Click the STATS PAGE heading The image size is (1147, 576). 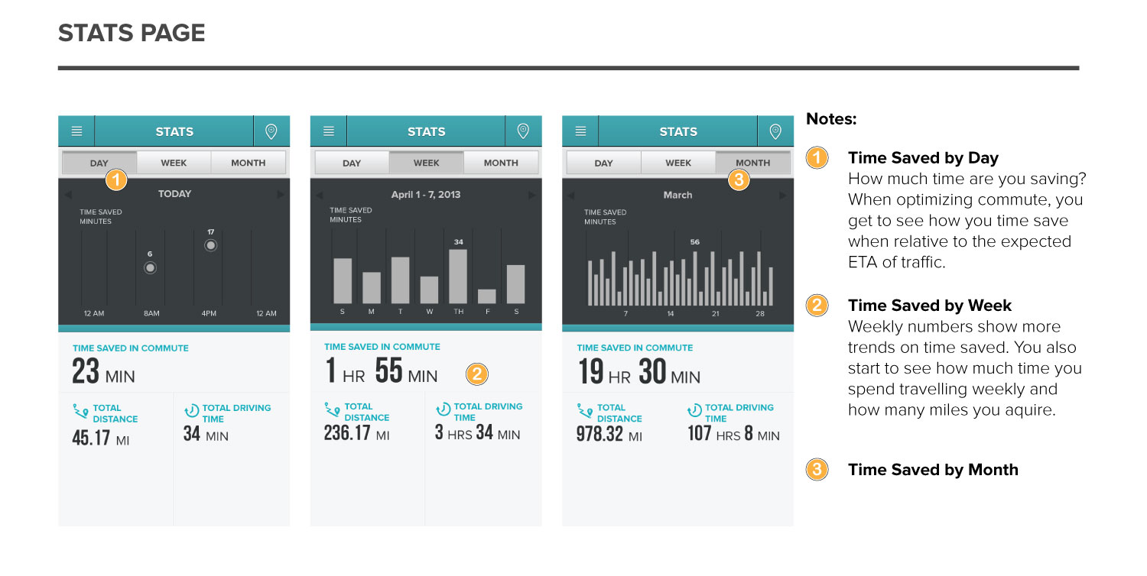[132, 34]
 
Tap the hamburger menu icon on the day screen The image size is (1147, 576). [76, 131]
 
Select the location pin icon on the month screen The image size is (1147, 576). [775, 131]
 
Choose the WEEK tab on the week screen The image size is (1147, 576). [426, 163]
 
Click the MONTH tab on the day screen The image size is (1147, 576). [248, 163]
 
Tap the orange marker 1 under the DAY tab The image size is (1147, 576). [115, 180]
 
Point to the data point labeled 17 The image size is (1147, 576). [210, 245]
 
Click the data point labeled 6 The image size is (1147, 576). [150, 267]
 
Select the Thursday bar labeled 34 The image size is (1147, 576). [458, 277]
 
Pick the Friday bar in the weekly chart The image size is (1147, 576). [486, 296]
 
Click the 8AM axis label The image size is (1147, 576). [151, 314]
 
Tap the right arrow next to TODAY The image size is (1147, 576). [281, 195]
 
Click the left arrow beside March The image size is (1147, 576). [570, 196]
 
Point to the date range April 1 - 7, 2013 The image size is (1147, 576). [426, 195]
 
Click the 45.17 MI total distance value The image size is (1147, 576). [100, 439]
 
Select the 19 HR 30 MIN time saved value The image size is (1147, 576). [638, 373]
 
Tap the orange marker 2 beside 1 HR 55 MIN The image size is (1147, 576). [477, 374]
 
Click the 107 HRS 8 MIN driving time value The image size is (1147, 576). [733, 435]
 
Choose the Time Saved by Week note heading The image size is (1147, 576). [929, 306]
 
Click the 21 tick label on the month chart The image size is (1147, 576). [716, 314]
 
